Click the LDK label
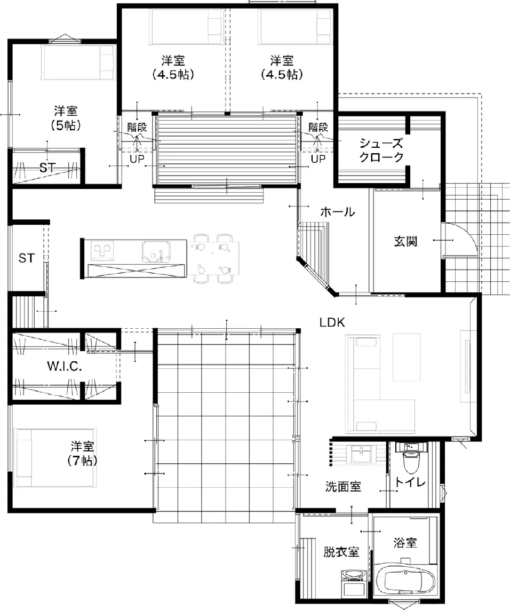tap(332, 322)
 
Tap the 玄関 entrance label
tap(406, 241)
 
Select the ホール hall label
tap(337, 212)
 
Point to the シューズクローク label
tap(381, 150)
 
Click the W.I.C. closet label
tap(65, 366)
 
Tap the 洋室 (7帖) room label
tap(82, 453)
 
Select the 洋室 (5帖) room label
tap(66, 118)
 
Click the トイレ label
tap(410, 482)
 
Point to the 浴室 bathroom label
tap(405, 543)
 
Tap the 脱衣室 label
tap(341, 552)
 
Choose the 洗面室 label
tap(343, 486)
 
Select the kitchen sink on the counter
tap(156, 252)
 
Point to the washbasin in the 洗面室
tap(362, 454)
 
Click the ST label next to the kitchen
tap(27, 258)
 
